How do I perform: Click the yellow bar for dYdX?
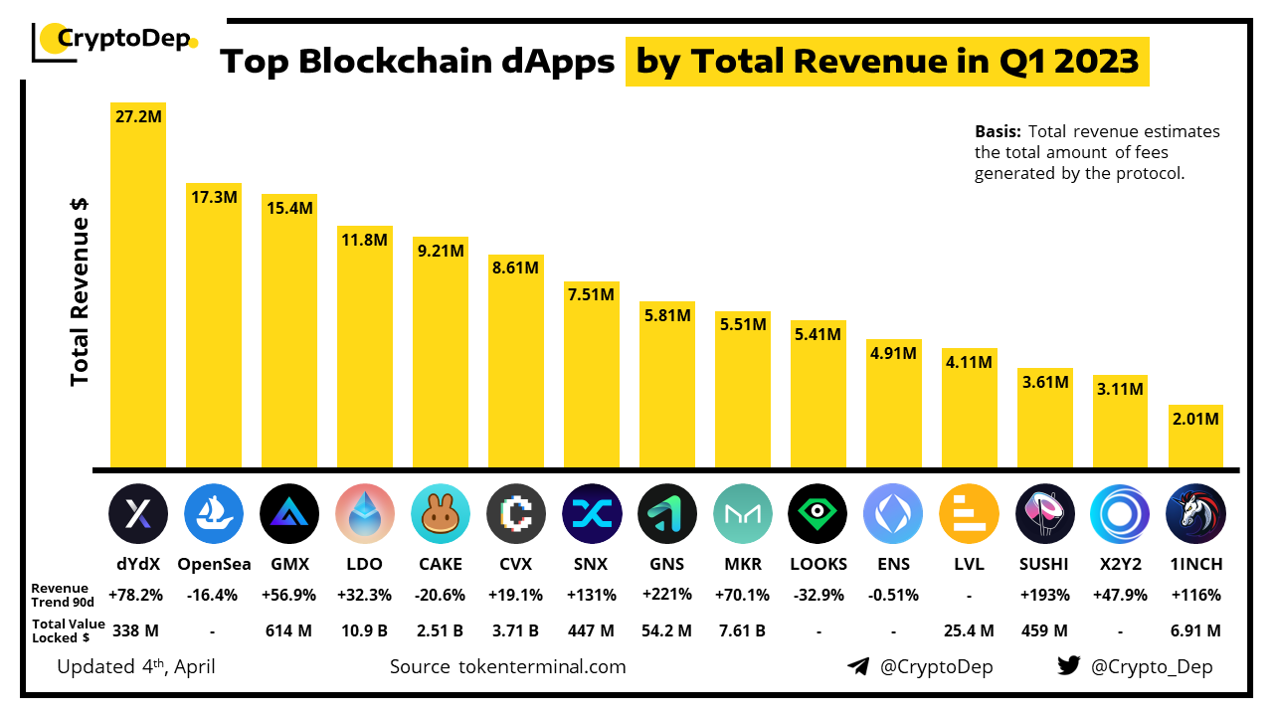138,288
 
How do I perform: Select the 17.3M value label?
214,197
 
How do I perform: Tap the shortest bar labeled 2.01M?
1195,438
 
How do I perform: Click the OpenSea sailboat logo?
214,513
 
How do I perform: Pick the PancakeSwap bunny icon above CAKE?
441,513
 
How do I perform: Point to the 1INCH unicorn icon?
1195,513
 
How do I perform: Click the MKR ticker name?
743,564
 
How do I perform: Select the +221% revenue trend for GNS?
667,595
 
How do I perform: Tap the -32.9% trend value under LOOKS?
818,595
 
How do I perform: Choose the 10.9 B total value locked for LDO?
365,629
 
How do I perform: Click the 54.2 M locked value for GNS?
667,629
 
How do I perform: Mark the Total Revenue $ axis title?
81,288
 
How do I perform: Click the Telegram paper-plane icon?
858,666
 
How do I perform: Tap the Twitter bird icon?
1068,666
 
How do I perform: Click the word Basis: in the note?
998,131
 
